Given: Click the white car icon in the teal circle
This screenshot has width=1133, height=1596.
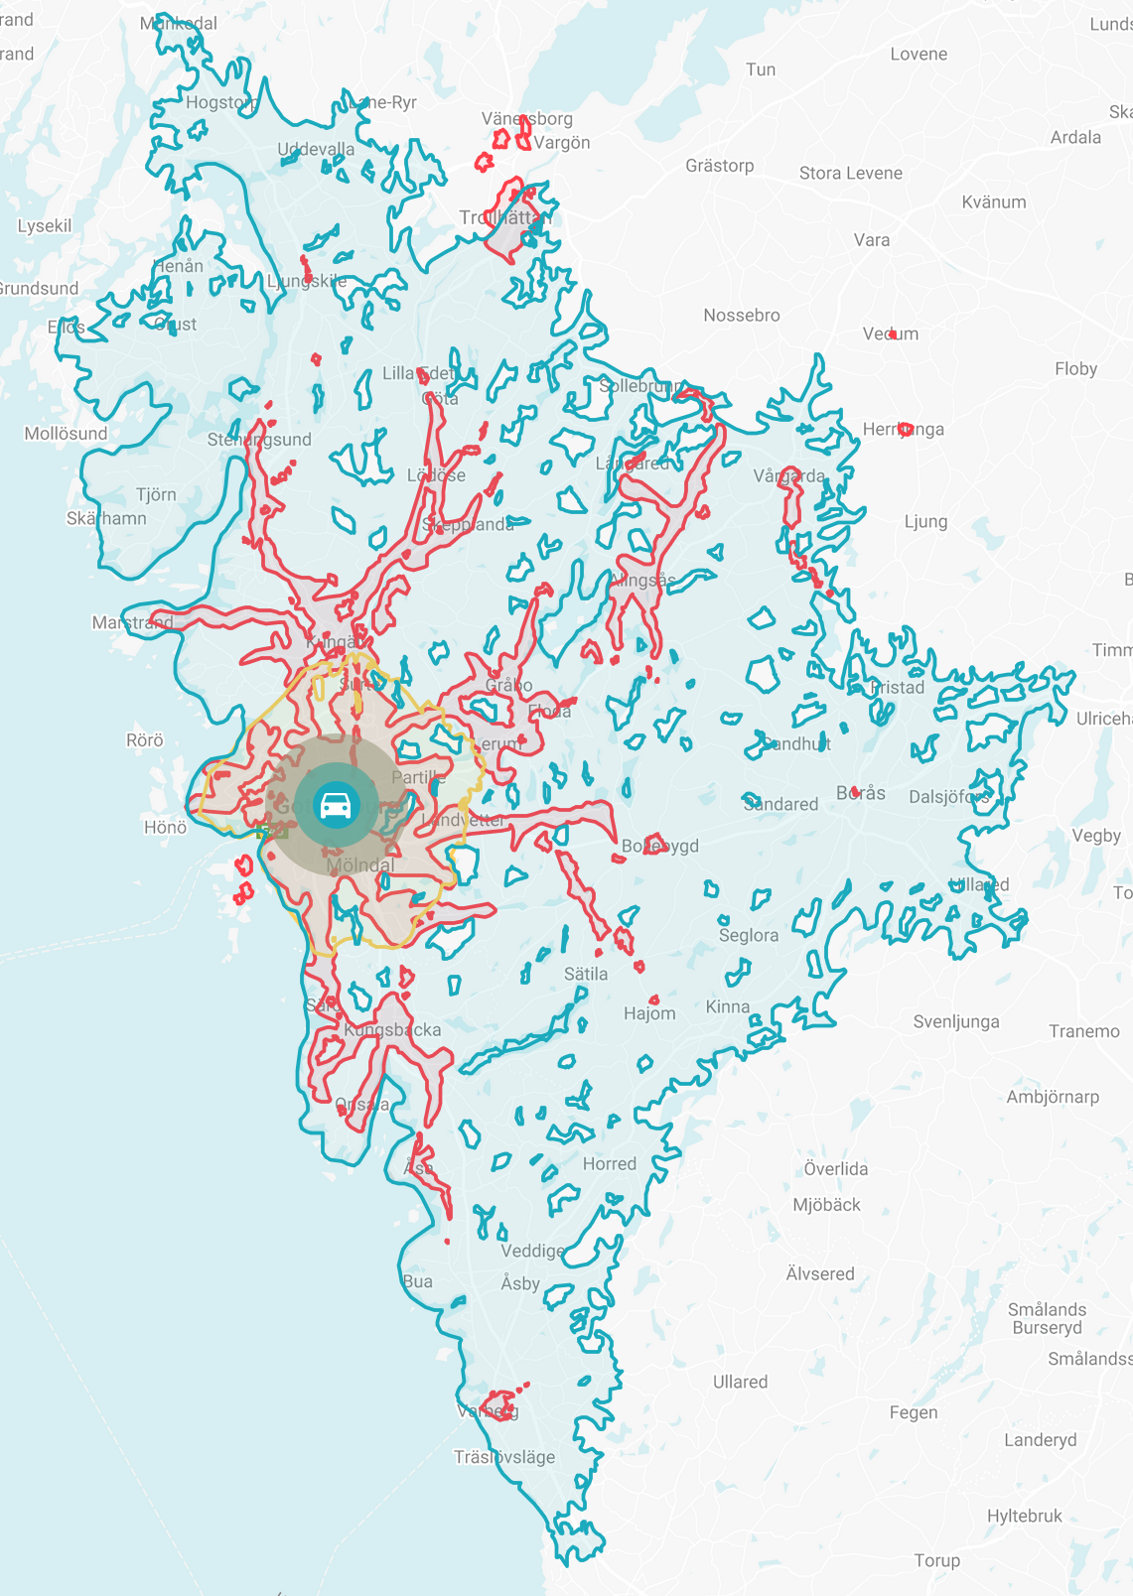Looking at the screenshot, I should (337, 805).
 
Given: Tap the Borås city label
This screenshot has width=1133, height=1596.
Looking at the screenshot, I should (861, 793).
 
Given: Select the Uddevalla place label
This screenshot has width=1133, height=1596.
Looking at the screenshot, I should (316, 150).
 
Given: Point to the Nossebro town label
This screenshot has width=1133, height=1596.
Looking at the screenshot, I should (742, 316).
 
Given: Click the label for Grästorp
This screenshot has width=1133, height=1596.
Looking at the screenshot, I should (720, 166).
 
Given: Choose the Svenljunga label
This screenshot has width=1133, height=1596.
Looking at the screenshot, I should (956, 1022).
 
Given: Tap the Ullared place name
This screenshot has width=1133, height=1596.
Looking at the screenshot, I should (740, 1382).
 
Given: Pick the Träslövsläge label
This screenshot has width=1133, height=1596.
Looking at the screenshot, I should (504, 1457).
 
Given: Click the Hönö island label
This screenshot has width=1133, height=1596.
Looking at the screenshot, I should (165, 827).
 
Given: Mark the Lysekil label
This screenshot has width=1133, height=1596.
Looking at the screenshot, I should (45, 226).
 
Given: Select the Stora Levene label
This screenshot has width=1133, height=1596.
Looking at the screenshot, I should (851, 173).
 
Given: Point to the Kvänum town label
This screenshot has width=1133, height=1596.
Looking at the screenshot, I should (994, 202).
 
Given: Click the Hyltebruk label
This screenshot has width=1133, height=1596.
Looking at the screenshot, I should (1024, 1516).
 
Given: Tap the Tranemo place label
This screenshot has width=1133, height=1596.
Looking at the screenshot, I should (1084, 1032).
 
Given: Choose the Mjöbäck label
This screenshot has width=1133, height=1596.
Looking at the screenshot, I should (826, 1205).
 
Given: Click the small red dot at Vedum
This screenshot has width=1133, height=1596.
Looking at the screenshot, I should (893, 334).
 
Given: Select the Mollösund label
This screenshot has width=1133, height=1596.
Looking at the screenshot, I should (66, 434).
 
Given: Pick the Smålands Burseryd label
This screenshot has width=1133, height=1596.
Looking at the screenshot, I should (1047, 1319).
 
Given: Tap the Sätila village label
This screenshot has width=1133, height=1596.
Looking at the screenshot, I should (586, 975).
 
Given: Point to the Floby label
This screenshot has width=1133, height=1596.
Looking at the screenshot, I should (1075, 369).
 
